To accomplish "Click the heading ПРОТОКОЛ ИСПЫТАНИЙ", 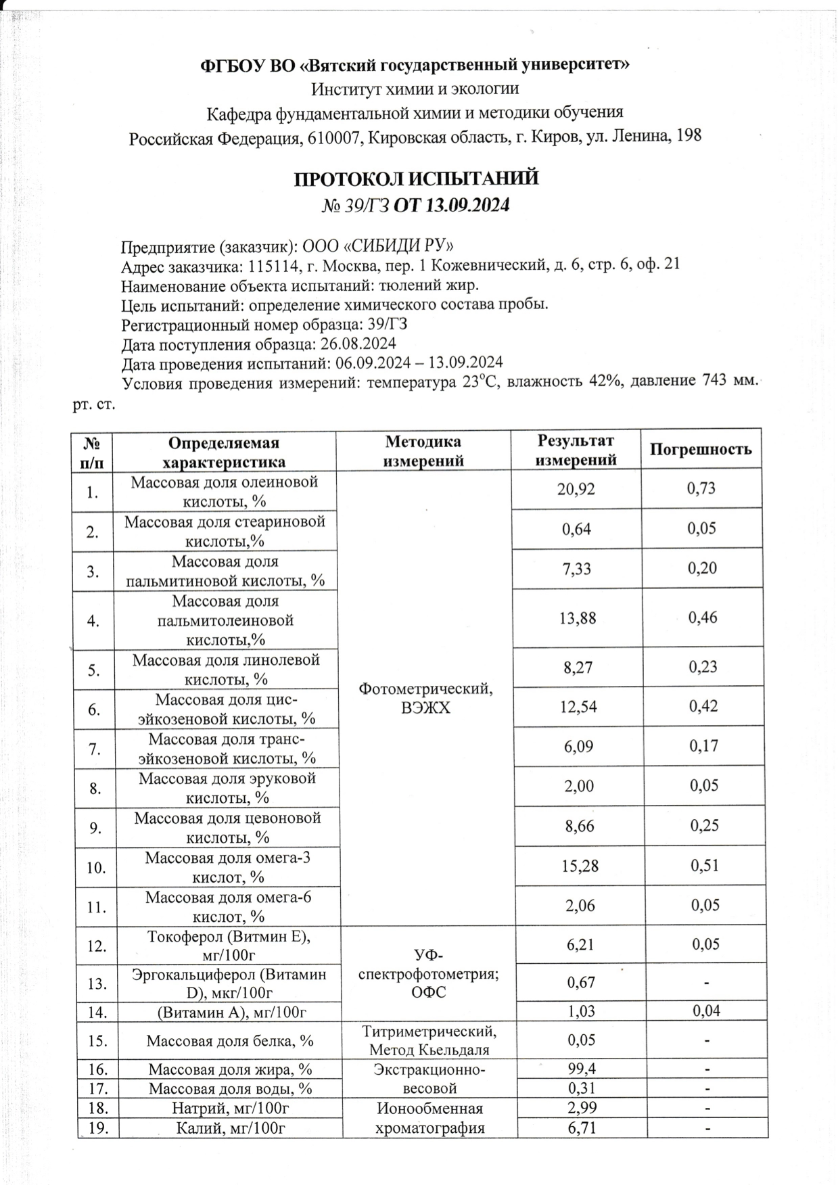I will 416,179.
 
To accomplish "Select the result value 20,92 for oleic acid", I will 576,488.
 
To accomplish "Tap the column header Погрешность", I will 701,449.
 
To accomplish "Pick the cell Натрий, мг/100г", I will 230,1109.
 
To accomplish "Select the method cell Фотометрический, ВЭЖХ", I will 425,698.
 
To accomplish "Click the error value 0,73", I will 701,488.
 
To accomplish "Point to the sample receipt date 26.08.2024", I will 358,344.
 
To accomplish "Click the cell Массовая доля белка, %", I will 230,1040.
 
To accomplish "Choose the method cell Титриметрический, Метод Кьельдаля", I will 429,1040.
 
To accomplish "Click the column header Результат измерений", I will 576,450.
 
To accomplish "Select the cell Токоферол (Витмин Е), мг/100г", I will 229,945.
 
